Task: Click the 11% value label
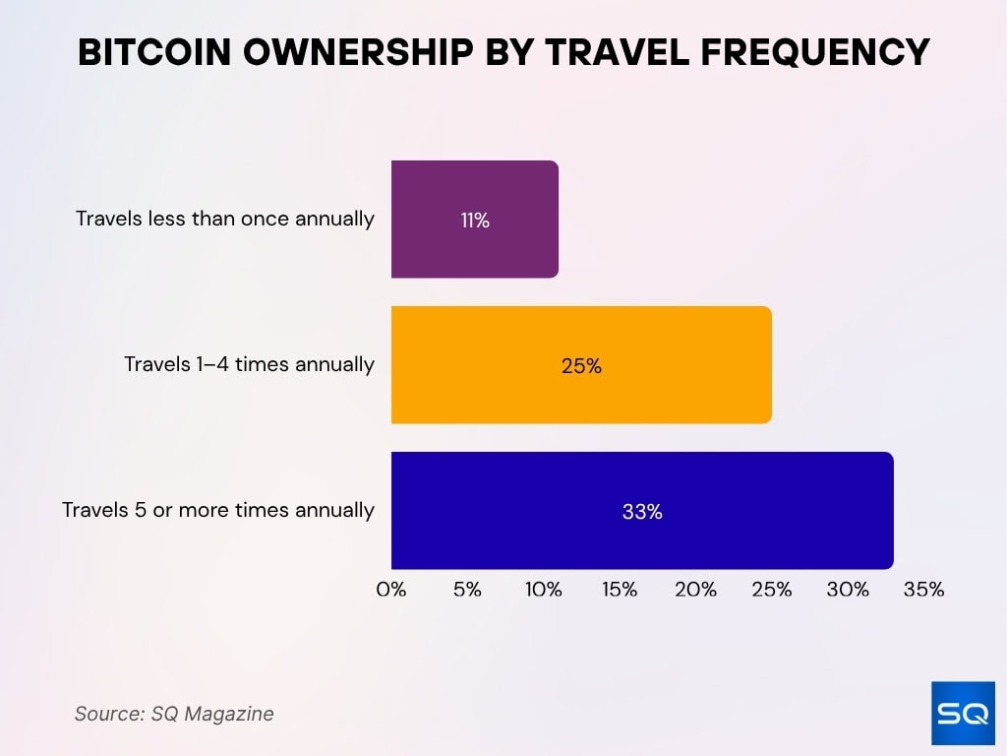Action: [x=475, y=220]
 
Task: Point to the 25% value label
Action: [x=581, y=366]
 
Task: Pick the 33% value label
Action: [x=642, y=512]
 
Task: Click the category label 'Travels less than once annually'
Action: [x=225, y=219]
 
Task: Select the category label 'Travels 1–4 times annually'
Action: [x=249, y=364]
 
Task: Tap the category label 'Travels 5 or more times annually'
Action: [x=218, y=510]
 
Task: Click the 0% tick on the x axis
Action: [x=391, y=590]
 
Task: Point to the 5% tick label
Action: [x=467, y=590]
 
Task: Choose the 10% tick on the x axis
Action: [x=544, y=590]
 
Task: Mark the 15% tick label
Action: [x=620, y=590]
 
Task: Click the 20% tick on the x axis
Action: [x=695, y=590]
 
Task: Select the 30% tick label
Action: [x=848, y=590]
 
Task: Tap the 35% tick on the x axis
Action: [x=923, y=590]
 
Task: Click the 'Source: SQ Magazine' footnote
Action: [x=174, y=714]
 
